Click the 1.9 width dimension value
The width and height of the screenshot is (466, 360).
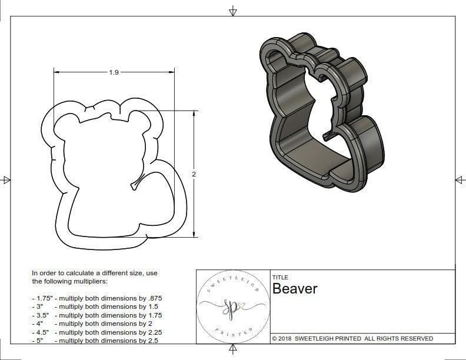click(114, 72)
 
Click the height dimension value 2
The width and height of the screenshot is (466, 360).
click(194, 174)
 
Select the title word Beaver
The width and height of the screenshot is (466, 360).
click(294, 289)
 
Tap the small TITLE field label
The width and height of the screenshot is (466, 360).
click(279, 278)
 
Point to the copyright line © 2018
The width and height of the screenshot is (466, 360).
click(352, 338)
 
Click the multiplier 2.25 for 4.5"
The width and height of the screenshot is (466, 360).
click(152, 332)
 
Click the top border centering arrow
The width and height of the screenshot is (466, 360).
click(234, 11)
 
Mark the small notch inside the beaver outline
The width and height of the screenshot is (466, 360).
click(136, 185)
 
